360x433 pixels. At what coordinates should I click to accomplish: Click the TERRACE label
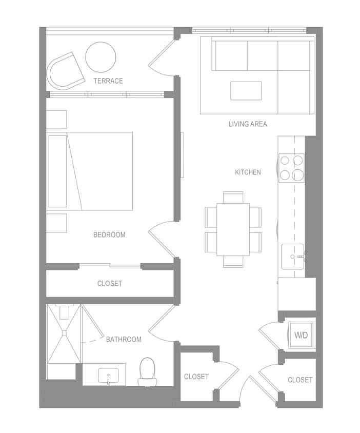[x=108, y=81]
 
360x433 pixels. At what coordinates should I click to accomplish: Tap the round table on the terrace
[x=101, y=57]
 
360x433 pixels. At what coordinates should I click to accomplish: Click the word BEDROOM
[x=109, y=234]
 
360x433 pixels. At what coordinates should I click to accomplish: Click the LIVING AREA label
[x=247, y=124]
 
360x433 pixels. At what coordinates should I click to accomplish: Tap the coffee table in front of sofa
[x=246, y=91]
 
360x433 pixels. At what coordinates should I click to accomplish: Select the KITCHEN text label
[x=248, y=172]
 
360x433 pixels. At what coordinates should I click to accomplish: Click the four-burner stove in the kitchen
[x=292, y=168]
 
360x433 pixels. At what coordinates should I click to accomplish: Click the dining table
[x=233, y=229]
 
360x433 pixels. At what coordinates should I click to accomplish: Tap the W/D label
[x=301, y=336]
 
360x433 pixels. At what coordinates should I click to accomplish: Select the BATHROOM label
[x=124, y=339]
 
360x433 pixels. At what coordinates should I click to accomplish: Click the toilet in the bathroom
[x=147, y=371]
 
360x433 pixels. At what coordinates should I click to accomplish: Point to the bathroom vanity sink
[x=108, y=376]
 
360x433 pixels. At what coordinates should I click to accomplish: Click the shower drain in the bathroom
[x=64, y=334]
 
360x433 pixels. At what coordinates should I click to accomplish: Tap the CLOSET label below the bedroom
[x=110, y=283]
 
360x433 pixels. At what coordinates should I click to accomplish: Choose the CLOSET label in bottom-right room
[x=300, y=380]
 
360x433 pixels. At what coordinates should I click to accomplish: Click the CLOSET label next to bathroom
[x=196, y=377]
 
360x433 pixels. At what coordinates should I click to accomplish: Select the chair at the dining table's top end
[x=233, y=196]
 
